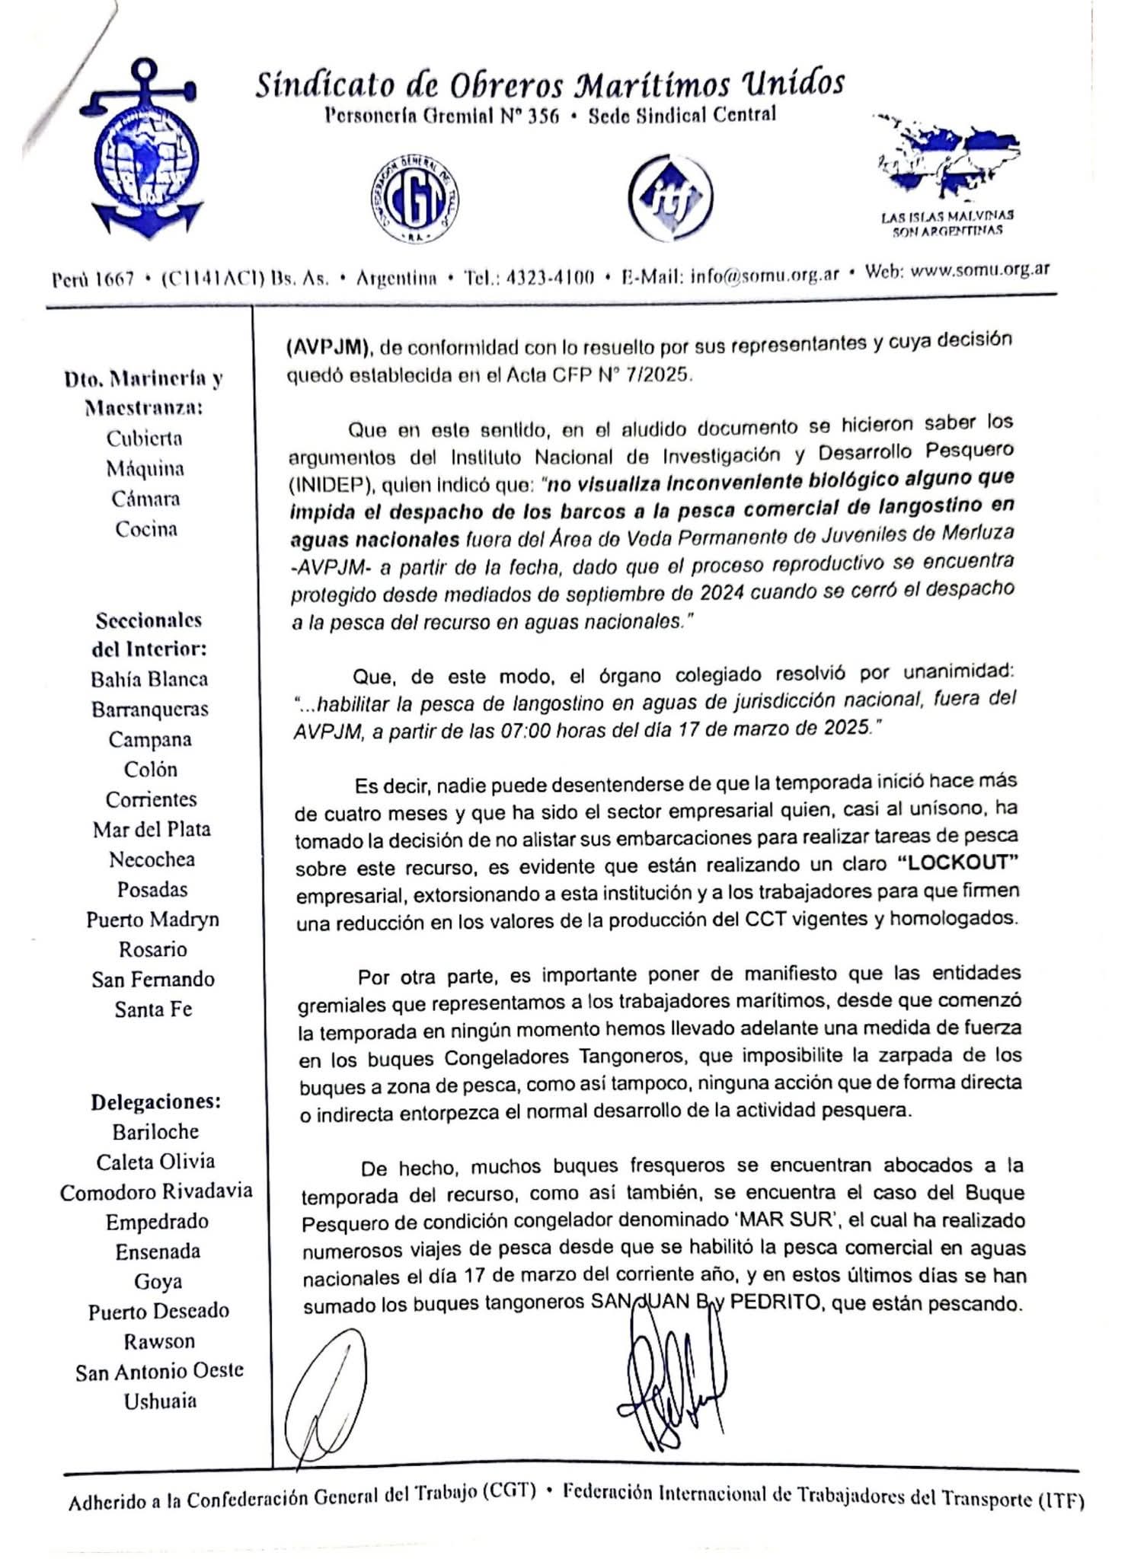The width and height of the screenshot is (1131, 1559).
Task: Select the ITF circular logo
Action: (670, 197)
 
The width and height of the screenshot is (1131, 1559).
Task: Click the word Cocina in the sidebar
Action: (146, 529)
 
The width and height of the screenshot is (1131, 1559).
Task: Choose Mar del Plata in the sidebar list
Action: (152, 829)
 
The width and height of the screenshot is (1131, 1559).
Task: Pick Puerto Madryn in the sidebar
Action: (152, 919)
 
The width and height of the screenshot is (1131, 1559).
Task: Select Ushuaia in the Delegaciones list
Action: (160, 1401)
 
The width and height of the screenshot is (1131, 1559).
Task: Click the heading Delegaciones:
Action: (156, 1102)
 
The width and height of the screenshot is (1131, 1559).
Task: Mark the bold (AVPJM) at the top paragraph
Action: (328, 348)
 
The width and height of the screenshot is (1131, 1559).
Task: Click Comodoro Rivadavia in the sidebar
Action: (156, 1191)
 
